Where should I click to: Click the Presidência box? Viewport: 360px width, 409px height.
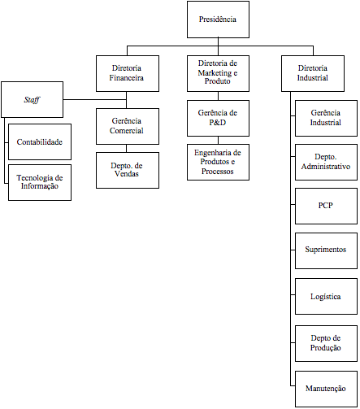click(x=218, y=20)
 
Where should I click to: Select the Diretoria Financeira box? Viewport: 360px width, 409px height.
click(x=128, y=73)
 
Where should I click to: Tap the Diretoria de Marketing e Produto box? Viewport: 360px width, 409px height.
click(x=218, y=73)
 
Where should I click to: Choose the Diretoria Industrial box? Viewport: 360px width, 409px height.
click(x=313, y=73)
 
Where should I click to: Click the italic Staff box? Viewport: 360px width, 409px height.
click(x=32, y=99)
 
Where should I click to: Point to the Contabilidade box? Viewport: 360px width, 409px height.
click(x=40, y=141)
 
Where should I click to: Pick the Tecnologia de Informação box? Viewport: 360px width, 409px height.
click(x=40, y=182)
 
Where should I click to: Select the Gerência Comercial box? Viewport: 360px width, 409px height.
click(x=128, y=126)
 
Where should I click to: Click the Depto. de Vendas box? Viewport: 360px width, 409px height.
click(x=128, y=170)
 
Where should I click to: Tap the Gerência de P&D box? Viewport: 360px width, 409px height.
click(x=218, y=118)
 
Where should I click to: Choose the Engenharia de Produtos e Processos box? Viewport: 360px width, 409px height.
click(x=218, y=162)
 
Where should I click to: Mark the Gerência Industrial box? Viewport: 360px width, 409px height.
click(x=326, y=118)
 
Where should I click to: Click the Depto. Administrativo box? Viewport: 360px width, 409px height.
click(x=326, y=162)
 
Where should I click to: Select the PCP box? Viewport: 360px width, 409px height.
click(x=326, y=206)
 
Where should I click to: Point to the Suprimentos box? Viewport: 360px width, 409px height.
click(x=326, y=250)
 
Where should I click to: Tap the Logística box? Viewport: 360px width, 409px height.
click(x=326, y=296)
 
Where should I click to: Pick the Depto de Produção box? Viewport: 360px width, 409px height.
click(x=326, y=343)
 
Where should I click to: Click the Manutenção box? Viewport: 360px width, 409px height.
click(x=326, y=389)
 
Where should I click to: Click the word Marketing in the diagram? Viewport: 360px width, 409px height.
click(x=215, y=73)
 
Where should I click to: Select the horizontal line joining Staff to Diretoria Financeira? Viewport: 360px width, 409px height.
click(x=95, y=99)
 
